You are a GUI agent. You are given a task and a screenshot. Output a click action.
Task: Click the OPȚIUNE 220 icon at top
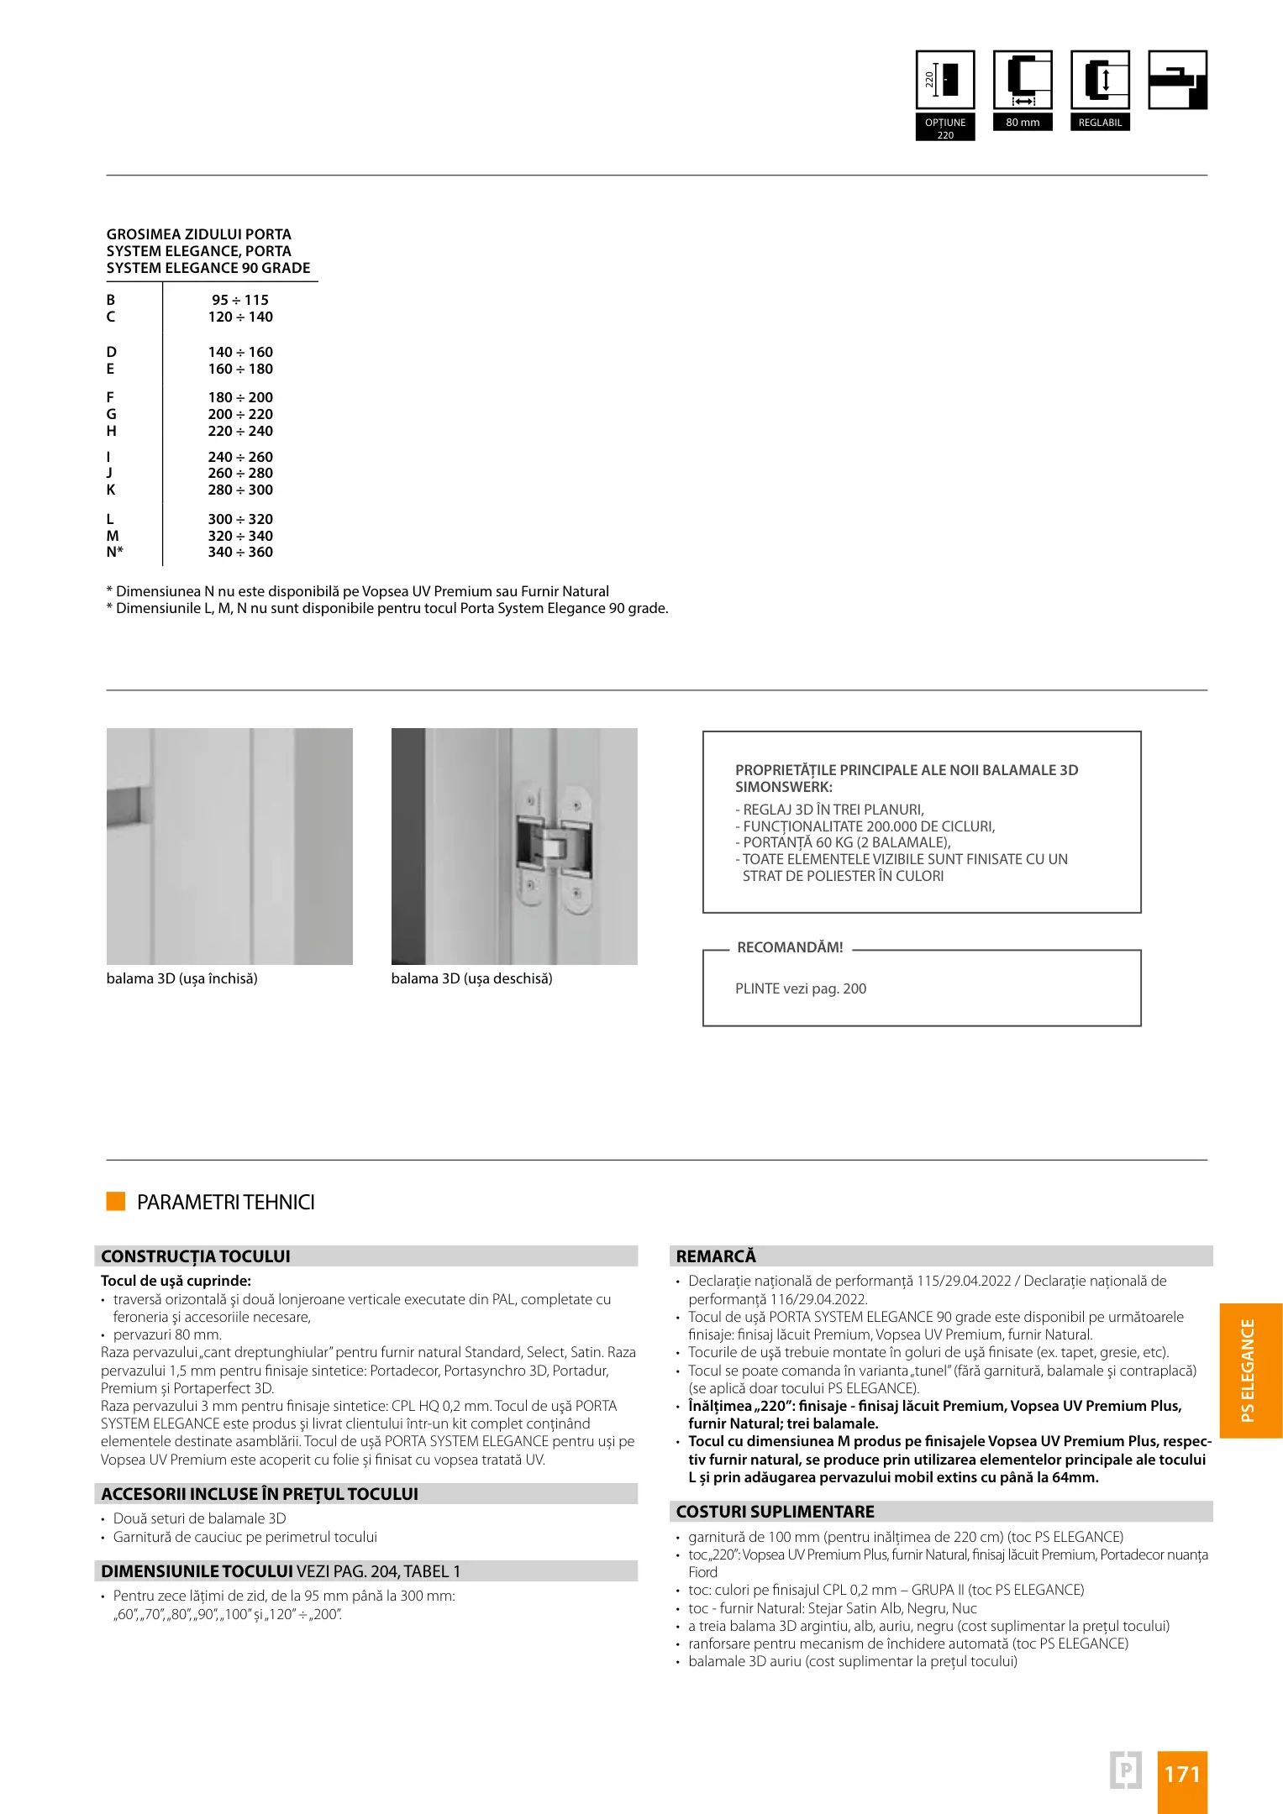coord(945,81)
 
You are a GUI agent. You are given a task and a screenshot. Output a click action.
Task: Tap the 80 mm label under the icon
coord(1023,123)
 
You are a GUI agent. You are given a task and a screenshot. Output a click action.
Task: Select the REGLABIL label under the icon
coord(1100,123)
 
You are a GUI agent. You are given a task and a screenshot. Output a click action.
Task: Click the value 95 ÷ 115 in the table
coord(240,300)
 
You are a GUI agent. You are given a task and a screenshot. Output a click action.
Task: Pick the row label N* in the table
coord(115,552)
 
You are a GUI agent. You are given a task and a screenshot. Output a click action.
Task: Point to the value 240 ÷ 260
coord(240,457)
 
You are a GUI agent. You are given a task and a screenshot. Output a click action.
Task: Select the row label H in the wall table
coord(111,431)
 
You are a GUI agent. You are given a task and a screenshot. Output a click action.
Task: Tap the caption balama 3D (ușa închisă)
coord(182,978)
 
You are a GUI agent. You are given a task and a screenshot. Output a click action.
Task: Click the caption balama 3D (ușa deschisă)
coord(472,978)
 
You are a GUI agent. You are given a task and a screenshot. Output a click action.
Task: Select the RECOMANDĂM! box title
coord(790,947)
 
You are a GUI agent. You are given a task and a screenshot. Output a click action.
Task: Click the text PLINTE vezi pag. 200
coord(801,988)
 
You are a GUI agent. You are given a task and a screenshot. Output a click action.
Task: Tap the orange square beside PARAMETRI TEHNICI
coord(116,1201)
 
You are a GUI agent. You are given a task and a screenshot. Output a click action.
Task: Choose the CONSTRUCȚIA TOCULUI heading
coord(196,1256)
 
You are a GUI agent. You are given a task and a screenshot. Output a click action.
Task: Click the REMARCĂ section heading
coord(716,1256)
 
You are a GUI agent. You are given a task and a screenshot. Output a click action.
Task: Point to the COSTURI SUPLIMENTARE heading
coord(776,1512)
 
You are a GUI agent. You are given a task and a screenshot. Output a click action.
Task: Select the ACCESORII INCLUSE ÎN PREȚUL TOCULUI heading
coord(260,1494)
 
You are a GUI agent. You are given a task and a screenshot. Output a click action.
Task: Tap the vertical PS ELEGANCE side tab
coord(1249,1371)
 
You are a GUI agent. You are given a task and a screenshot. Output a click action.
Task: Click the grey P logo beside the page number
coord(1126,1769)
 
